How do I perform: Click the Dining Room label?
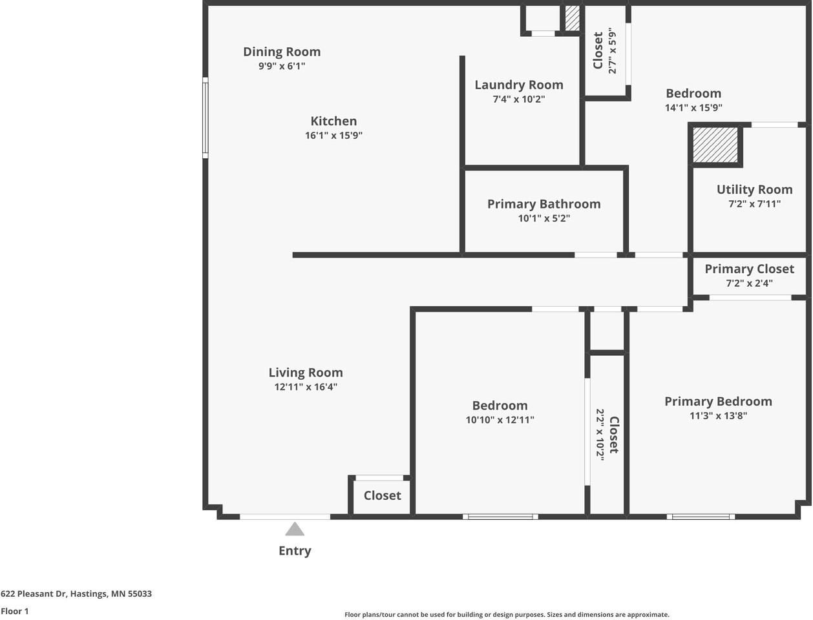click(282, 52)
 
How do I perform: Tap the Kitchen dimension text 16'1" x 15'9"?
click(333, 136)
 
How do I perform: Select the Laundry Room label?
click(519, 85)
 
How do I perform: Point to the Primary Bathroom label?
click(544, 204)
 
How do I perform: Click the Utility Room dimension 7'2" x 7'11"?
click(754, 204)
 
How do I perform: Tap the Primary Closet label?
click(749, 269)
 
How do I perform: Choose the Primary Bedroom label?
click(718, 401)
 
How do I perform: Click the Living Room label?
click(306, 372)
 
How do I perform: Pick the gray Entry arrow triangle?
click(295, 530)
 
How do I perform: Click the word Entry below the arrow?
click(295, 551)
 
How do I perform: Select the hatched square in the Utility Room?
click(715, 145)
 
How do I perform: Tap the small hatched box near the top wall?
click(572, 18)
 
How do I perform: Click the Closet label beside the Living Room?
click(382, 495)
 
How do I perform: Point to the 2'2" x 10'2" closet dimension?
click(599, 434)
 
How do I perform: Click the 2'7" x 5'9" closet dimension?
click(612, 51)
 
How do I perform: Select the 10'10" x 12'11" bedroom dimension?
click(500, 420)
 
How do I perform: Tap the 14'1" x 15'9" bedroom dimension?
click(693, 108)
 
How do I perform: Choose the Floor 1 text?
click(15, 611)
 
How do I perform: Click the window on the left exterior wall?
click(206, 118)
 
